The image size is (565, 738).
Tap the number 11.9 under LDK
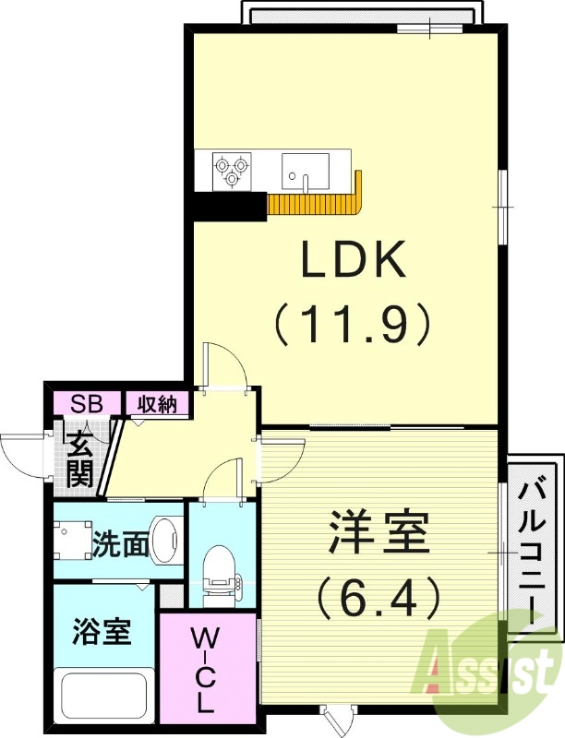[351, 324]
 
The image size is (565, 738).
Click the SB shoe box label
[88, 403]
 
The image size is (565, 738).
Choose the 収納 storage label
[157, 403]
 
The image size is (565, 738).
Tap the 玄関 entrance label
[78, 457]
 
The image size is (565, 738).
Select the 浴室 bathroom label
[102, 633]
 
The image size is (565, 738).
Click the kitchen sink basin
[305, 170]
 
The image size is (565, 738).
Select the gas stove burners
[231, 166]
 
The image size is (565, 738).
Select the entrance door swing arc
[23, 452]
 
